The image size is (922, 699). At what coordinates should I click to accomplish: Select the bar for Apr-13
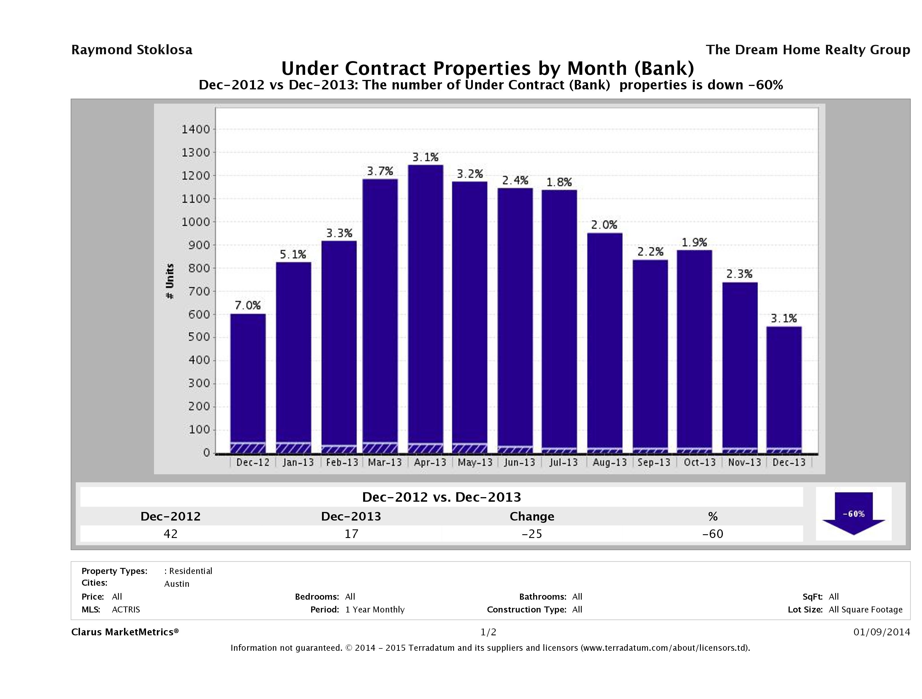click(x=425, y=308)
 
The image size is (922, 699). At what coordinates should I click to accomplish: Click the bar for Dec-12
click(x=248, y=383)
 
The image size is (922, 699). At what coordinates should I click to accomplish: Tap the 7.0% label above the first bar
click(x=248, y=305)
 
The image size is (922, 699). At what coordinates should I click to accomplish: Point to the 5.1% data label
click(x=293, y=254)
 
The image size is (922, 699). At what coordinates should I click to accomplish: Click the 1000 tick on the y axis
click(x=195, y=222)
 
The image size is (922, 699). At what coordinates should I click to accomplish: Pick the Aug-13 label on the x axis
click(x=609, y=462)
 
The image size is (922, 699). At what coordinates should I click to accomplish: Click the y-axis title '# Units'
click(x=170, y=281)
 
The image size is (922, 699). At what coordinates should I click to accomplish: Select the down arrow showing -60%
click(x=853, y=514)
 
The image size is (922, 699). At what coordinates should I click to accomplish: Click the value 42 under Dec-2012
click(x=171, y=534)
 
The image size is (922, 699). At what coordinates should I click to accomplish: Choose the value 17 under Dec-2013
click(x=351, y=534)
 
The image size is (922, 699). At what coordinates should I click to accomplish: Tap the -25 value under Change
click(x=532, y=534)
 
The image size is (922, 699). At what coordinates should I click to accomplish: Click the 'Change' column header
click(x=532, y=517)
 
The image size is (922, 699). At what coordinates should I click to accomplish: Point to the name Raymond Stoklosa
click(x=132, y=50)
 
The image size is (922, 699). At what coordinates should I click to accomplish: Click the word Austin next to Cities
click(x=177, y=584)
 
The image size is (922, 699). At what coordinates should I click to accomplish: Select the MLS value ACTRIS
click(x=126, y=609)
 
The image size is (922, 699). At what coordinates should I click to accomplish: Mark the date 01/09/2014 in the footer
click(x=881, y=632)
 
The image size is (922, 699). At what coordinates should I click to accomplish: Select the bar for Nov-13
click(x=740, y=367)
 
